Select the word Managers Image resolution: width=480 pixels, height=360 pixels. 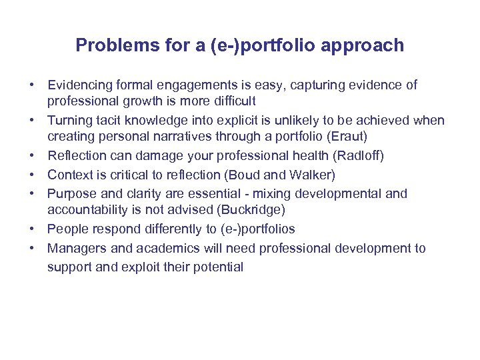click(75, 249)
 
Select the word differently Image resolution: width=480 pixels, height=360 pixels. click(169, 229)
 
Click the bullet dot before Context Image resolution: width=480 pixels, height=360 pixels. click(32, 175)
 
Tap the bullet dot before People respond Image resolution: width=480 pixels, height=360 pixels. click(32, 229)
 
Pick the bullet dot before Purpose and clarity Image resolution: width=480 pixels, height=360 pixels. click(32, 194)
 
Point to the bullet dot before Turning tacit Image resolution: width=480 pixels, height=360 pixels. click(32, 121)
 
